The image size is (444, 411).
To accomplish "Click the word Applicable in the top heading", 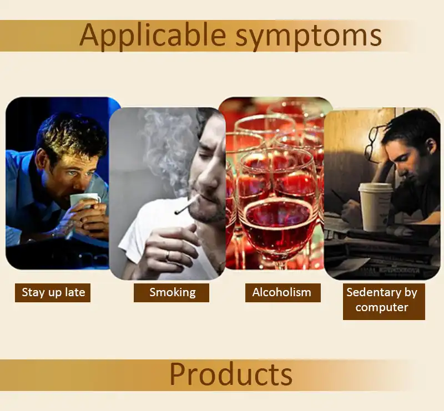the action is coord(153,35).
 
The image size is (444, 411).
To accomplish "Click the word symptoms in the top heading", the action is coord(309,37).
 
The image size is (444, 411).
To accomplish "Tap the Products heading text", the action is coord(231,374).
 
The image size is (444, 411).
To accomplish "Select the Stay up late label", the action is coord(53,293).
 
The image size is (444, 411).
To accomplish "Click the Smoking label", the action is coord(171,293).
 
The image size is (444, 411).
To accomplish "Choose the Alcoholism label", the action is coord(283,293).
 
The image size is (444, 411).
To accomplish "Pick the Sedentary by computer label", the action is coord(384,302).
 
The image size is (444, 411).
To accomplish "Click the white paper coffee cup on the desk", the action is coord(376,207).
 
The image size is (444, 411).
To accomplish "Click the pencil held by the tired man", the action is coord(339,196).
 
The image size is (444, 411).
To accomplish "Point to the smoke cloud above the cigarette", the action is coord(167,147).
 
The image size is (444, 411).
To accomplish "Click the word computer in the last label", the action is coord(382,308).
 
